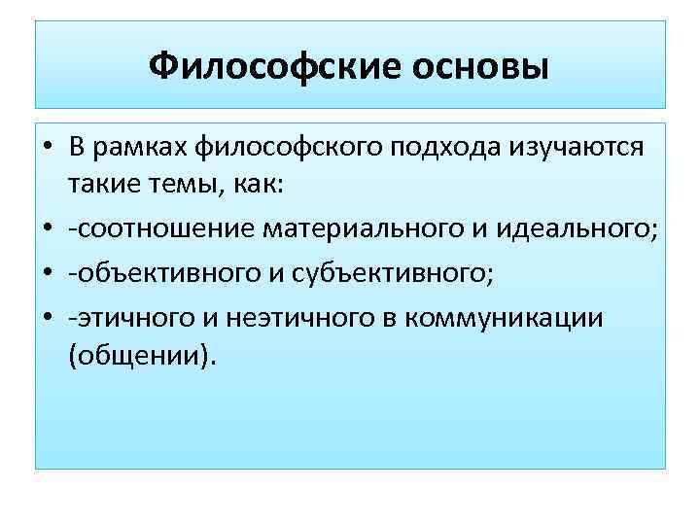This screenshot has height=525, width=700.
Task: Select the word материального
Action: (351, 229)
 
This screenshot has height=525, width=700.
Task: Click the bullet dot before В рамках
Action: (46, 148)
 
